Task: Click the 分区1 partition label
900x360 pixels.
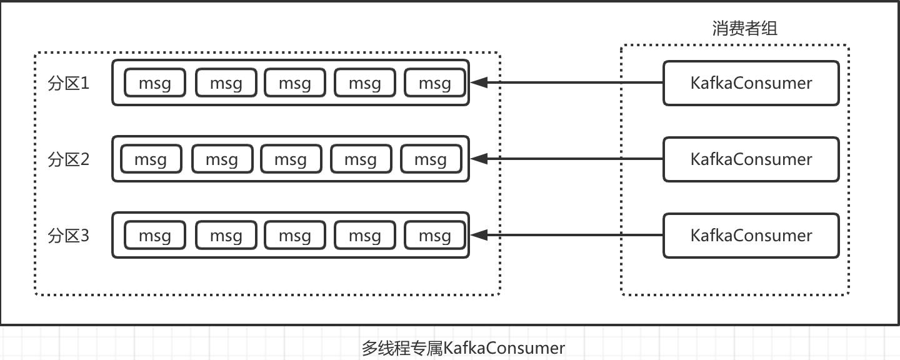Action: tap(69, 83)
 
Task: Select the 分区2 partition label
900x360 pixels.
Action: tap(69, 159)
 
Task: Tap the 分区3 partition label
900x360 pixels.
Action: tap(69, 236)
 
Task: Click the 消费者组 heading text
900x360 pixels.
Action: tap(745, 28)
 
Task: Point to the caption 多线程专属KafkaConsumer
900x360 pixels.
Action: tap(463, 347)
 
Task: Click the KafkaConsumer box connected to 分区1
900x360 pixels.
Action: tap(751, 83)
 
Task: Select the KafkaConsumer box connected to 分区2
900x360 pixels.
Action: tap(751, 159)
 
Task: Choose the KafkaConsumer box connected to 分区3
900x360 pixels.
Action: tap(751, 236)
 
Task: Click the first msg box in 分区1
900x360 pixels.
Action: tap(155, 83)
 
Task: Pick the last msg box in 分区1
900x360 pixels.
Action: tap(435, 83)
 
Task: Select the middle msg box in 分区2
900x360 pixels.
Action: tap(291, 159)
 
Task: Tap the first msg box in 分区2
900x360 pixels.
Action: tap(151, 159)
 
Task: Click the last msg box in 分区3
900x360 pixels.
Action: tap(435, 236)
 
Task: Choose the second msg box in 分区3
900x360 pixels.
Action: tap(226, 236)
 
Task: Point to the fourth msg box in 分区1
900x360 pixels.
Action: tap(365, 83)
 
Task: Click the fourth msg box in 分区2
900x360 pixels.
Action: tap(361, 159)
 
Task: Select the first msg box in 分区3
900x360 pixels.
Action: tap(155, 236)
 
